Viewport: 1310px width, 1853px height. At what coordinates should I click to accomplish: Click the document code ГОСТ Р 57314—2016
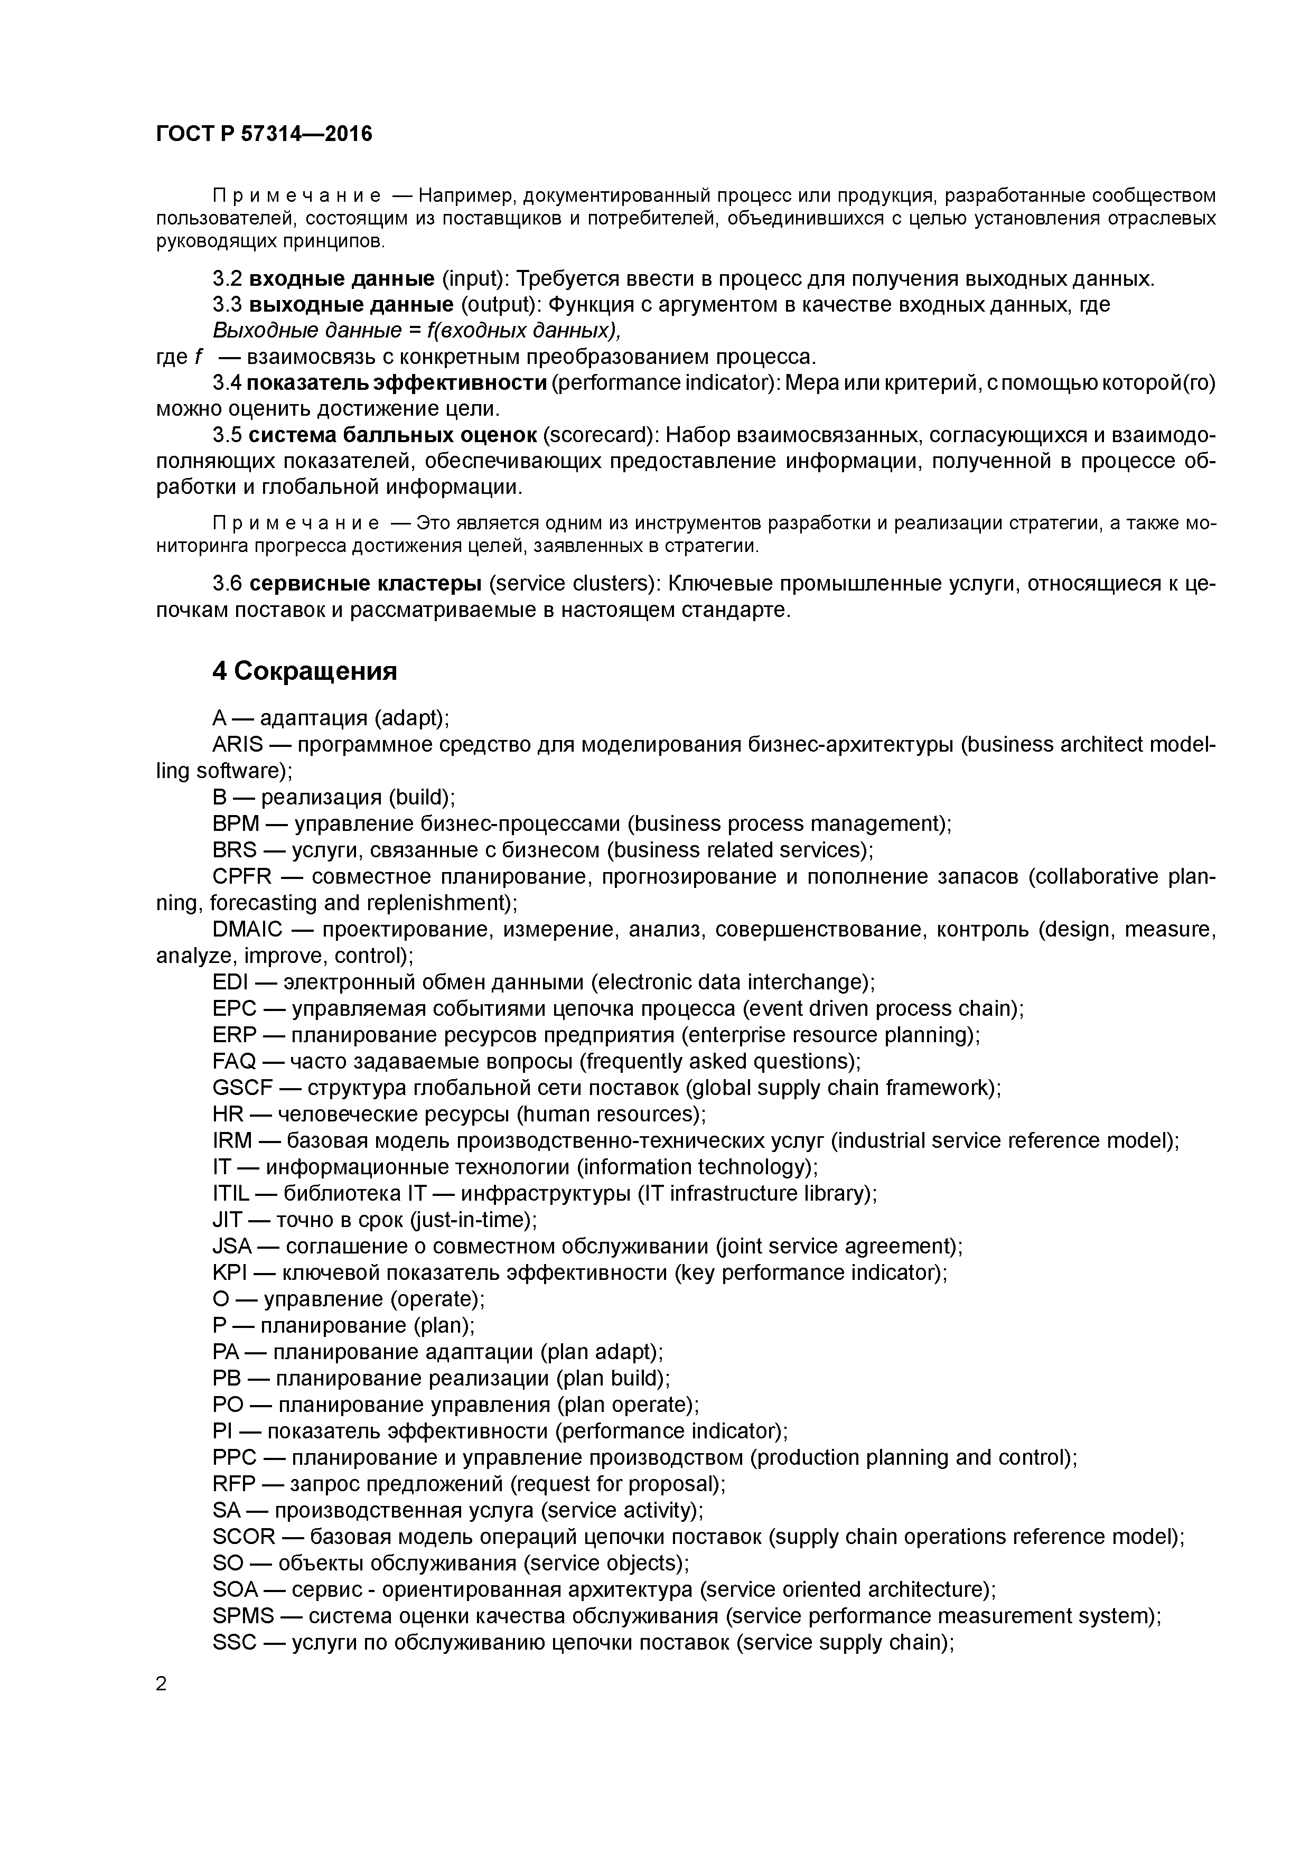tap(264, 134)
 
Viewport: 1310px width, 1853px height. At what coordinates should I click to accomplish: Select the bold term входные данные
tap(341, 279)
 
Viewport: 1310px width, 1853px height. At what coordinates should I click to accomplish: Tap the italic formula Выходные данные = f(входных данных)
tap(416, 331)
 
